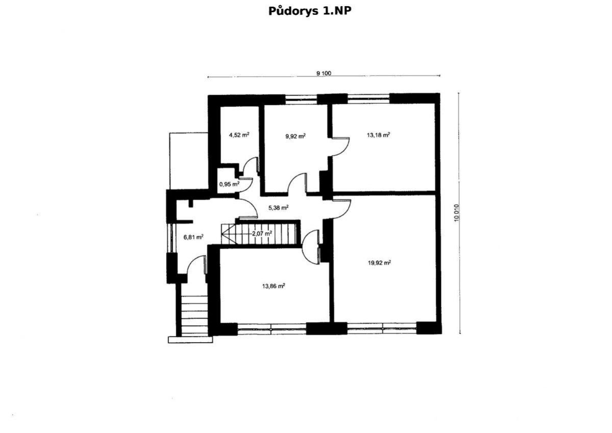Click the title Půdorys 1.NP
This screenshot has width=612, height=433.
pos(309,11)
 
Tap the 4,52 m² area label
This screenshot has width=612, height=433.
pos(239,135)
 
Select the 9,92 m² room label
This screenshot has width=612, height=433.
pos(295,136)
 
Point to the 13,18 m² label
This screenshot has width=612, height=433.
pos(378,135)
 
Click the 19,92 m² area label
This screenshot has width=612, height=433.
pos(379,263)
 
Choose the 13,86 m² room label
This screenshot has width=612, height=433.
pos(273,286)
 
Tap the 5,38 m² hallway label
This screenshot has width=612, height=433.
pos(278,208)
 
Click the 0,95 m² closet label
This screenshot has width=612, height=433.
pos(229,184)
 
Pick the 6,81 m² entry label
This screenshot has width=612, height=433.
pos(193,236)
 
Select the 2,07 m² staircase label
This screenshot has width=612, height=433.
pos(262,233)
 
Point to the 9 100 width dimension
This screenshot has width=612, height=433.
pos(324,73)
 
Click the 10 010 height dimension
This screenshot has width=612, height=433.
pos(457,213)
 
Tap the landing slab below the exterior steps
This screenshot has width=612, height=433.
pos(190,340)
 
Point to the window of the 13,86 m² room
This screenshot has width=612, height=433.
pos(272,330)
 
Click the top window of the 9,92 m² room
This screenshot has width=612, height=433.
pos(301,99)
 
